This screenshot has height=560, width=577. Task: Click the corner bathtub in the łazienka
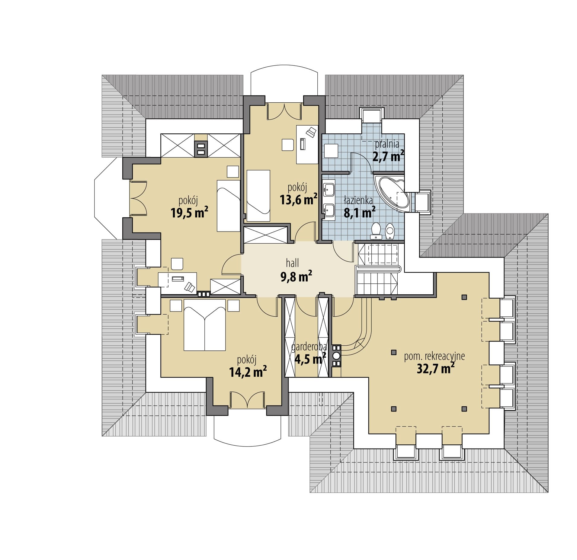[x=392, y=193]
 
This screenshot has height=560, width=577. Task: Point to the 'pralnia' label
[x=387, y=144]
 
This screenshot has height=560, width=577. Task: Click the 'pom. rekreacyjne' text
[x=434, y=356]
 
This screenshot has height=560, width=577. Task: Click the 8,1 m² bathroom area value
[x=359, y=213]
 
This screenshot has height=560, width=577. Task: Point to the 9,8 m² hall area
[x=296, y=276]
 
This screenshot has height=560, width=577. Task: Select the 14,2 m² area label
[x=248, y=372]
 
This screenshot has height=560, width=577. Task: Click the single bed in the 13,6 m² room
[x=258, y=196]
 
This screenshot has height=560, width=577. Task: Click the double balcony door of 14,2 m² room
[x=247, y=400]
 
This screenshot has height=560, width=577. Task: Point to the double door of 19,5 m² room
[x=138, y=198]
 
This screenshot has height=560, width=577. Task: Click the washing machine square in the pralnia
[x=331, y=151]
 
